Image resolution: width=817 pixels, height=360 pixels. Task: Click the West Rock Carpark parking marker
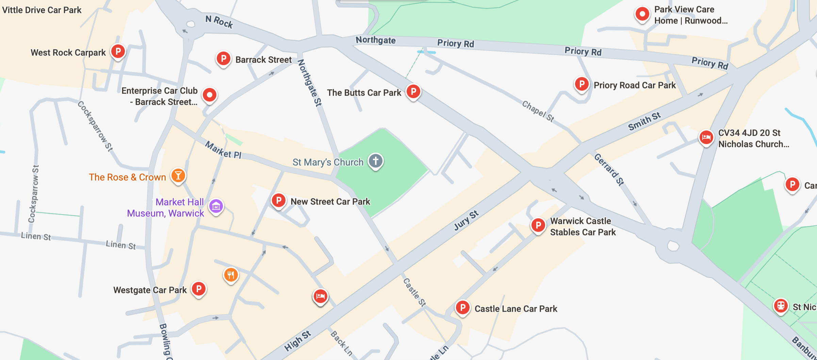118,52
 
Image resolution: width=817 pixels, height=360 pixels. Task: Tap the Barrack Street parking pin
224,59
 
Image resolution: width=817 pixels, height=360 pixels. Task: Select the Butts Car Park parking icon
413,92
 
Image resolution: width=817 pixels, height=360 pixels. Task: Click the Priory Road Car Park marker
582,84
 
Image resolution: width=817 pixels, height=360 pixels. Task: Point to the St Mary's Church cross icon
376,161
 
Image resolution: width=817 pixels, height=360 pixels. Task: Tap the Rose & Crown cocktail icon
178,176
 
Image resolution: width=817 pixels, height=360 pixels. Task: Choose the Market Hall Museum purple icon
216,206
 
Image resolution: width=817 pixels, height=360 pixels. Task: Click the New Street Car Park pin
278,200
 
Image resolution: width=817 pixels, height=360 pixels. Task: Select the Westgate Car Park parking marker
199,289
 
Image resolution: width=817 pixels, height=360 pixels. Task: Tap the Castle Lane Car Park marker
463,308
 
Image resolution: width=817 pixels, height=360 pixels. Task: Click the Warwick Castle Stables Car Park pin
538,225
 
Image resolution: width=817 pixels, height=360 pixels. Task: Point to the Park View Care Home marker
642,14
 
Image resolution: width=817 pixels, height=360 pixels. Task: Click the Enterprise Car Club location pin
210,95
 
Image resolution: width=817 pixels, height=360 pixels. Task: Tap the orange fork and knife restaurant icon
231,275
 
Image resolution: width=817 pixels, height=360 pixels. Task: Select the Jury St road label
466,220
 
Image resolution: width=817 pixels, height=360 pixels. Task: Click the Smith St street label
644,121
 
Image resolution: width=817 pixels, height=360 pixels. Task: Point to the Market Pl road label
223,150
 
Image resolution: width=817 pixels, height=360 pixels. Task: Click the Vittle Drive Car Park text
42,10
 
